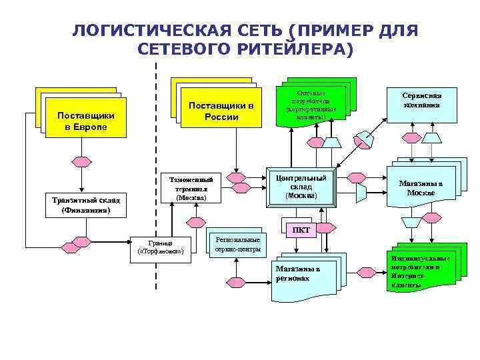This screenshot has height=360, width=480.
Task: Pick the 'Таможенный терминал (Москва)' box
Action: (191, 189)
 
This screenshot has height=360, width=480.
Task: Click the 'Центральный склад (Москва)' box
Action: (301, 187)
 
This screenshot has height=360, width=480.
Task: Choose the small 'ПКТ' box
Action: (301, 229)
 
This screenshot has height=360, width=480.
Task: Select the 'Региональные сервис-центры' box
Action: (238, 245)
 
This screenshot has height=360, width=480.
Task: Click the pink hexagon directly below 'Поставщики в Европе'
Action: (81, 162)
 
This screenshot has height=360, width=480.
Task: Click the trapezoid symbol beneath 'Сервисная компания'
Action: (431, 137)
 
